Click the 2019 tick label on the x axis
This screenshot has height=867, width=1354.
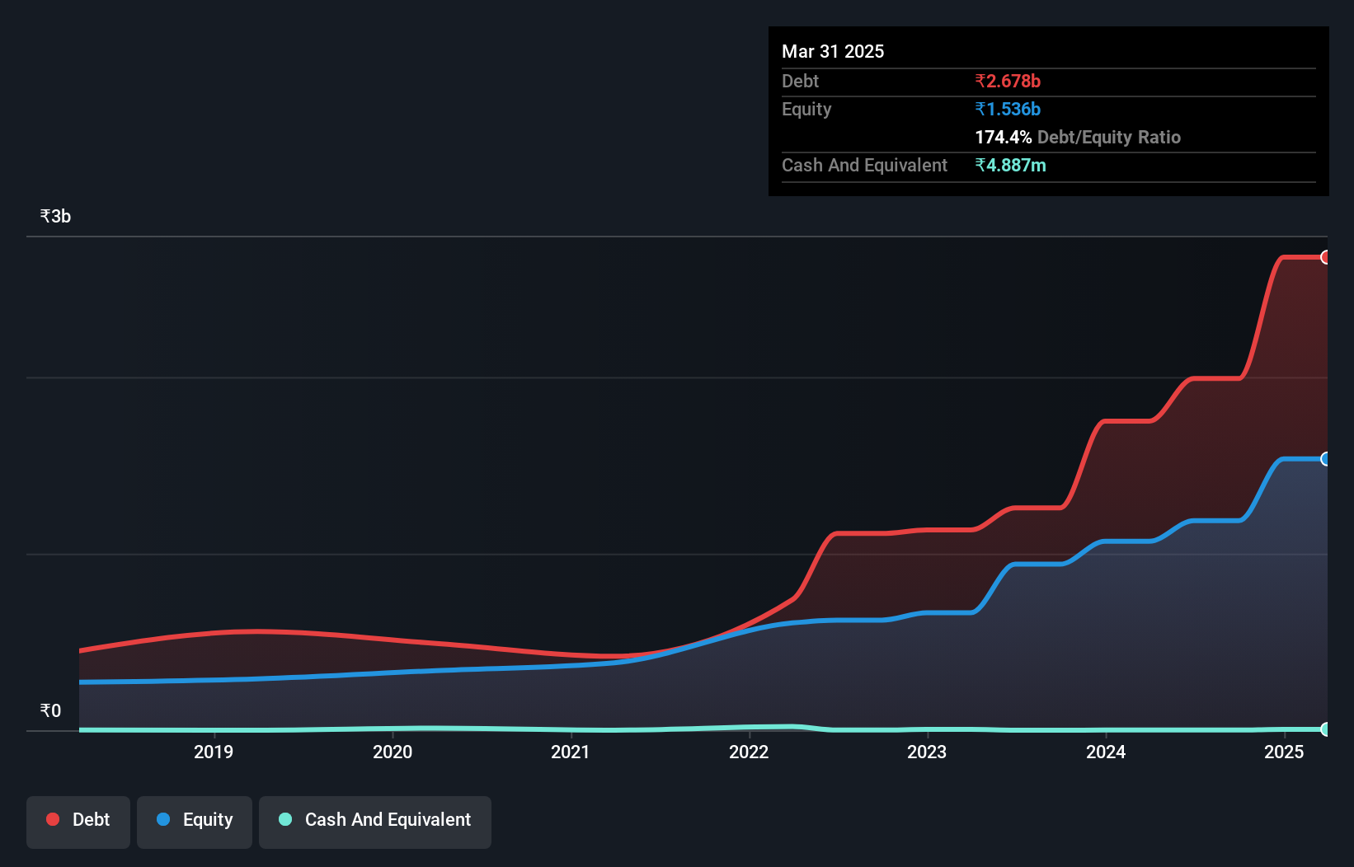(214, 752)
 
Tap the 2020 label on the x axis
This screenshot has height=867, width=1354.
(393, 752)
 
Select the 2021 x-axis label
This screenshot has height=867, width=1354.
(571, 752)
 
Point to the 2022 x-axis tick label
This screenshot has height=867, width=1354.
(749, 752)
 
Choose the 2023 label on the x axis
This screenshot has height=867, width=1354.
(927, 752)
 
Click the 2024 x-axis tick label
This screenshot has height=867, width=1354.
(1106, 752)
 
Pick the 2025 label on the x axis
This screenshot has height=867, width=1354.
(1284, 752)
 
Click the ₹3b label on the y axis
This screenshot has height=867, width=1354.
(55, 216)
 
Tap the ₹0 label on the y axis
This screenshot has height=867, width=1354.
(50, 710)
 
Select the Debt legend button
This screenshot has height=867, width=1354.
(78, 820)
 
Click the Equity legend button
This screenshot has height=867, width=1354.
(195, 820)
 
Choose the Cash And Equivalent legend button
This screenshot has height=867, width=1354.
(375, 820)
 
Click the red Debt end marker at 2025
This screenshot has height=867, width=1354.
(1325, 257)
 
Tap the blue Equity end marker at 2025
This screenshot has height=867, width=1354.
(1325, 459)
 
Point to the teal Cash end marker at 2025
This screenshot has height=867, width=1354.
(1325, 729)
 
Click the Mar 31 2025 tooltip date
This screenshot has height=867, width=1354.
(833, 51)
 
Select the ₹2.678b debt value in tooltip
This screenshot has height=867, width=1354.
(1008, 81)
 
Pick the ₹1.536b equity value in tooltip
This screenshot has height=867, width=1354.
(1008, 109)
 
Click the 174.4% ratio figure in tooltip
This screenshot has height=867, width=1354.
(1004, 137)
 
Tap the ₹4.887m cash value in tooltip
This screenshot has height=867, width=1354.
(1010, 165)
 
